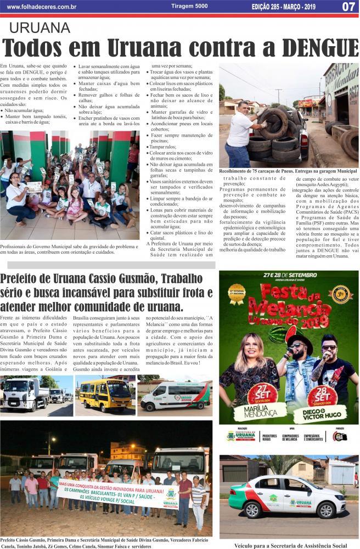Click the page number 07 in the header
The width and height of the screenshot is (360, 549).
tap(348, 7)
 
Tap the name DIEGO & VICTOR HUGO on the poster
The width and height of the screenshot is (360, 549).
tap(324, 413)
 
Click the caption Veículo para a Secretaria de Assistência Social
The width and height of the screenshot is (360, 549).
tap(291, 545)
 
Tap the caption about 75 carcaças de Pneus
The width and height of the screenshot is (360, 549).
tap(288, 171)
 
